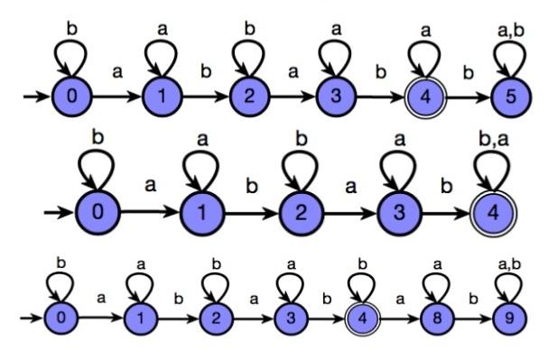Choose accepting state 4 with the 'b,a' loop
(492, 213)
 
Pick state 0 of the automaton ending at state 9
(60, 318)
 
